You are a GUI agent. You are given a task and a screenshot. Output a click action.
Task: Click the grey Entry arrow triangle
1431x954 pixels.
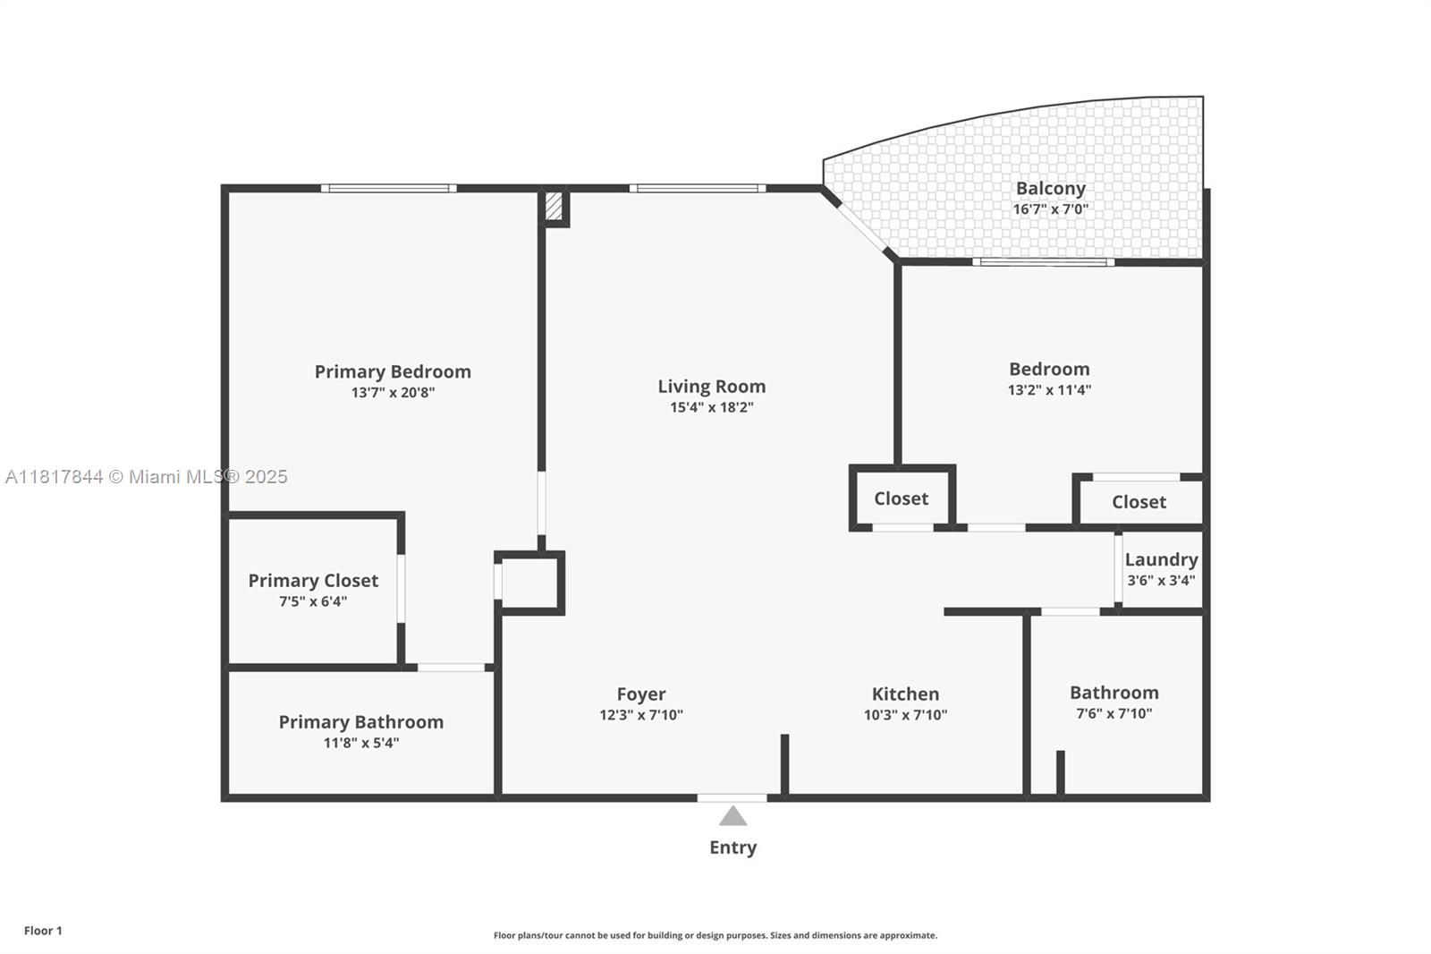pos(732,816)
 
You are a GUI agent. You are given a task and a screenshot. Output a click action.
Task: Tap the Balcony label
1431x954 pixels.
pos(1050,189)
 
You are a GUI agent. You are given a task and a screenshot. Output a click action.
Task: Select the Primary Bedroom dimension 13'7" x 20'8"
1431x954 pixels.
pos(393,392)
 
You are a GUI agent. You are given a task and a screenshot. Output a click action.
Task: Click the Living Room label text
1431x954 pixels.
pos(711,387)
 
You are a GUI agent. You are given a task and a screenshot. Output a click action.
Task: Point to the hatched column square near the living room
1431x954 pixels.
pos(554,207)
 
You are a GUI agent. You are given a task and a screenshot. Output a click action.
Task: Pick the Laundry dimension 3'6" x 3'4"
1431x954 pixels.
pos(1160,580)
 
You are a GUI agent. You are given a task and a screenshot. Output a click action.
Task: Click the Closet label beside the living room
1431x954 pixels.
pos(901,498)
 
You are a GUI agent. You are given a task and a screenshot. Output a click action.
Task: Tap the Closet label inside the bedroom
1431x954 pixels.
pos(1139,502)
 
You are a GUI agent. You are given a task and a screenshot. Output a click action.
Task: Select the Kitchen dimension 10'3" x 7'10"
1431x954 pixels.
pos(905,715)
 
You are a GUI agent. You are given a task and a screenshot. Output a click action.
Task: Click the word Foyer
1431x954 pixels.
pos(640,694)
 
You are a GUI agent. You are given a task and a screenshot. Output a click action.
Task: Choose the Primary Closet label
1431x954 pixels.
pos(313,581)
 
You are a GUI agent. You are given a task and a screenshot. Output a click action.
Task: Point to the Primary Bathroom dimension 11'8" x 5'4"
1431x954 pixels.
pos(360,743)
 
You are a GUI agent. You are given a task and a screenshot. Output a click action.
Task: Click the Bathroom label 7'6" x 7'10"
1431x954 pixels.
pos(1113,693)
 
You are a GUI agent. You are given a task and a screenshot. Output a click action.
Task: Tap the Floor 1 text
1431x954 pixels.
pos(43,931)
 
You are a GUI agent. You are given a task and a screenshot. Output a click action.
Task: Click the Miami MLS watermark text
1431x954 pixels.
pos(147,477)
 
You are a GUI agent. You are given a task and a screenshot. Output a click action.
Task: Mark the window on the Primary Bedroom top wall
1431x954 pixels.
pos(388,188)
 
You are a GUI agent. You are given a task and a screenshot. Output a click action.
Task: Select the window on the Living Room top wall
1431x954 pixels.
pos(697,188)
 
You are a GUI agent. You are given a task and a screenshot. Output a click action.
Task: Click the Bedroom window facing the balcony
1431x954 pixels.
pos(1043,262)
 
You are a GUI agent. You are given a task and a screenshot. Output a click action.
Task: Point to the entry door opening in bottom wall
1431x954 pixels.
pos(732,797)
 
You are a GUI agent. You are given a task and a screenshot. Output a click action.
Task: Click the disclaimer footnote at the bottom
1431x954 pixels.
pos(715,935)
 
